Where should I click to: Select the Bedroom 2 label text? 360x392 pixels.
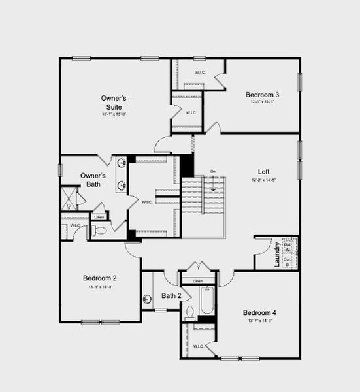pyautogui.click(x=100, y=277)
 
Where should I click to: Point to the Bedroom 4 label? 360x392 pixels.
pyautogui.click(x=259, y=312)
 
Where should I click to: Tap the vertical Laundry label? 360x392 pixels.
pyautogui.click(x=277, y=254)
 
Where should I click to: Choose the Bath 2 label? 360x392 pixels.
pyautogui.click(x=171, y=296)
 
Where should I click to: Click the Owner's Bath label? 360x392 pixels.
pyautogui.click(x=92, y=180)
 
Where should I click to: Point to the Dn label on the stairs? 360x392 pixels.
pyautogui.click(x=213, y=172)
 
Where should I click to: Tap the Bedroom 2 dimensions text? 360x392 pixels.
pyautogui.click(x=100, y=286)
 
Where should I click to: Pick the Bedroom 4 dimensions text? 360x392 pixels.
pyautogui.click(x=259, y=321)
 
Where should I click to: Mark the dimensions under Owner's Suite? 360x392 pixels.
pyautogui.click(x=114, y=114)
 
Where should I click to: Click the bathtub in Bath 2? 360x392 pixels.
pyautogui.click(x=207, y=301)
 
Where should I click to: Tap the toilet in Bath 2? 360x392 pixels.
pyautogui.click(x=189, y=312)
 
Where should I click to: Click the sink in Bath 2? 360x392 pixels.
pyautogui.click(x=147, y=300)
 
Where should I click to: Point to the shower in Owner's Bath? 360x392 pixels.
pyautogui.click(x=69, y=199)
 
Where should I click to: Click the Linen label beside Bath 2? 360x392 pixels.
pyautogui.click(x=198, y=282)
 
